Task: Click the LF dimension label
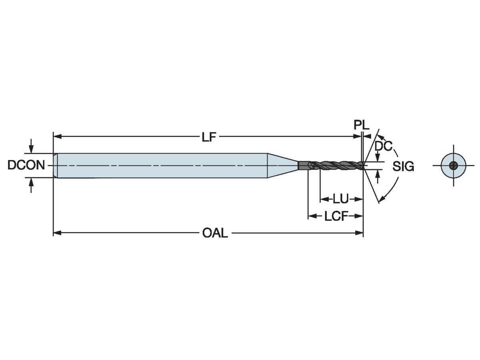coord(209,137)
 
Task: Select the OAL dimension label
coord(215,233)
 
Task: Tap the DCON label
coord(26,165)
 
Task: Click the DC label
coord(383,146)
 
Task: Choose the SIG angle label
coord(403,167)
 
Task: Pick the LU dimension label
coord(341,198)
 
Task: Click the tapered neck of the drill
coord(282,165)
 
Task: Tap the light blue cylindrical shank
coord(160,165)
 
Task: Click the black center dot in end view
coord(453,166)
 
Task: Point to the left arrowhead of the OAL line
coord(57,233)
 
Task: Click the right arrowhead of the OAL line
coord(360,233)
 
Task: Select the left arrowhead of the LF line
coord(57,137)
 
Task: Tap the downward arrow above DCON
coord(31,148)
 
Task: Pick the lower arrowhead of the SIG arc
coord(382,198)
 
